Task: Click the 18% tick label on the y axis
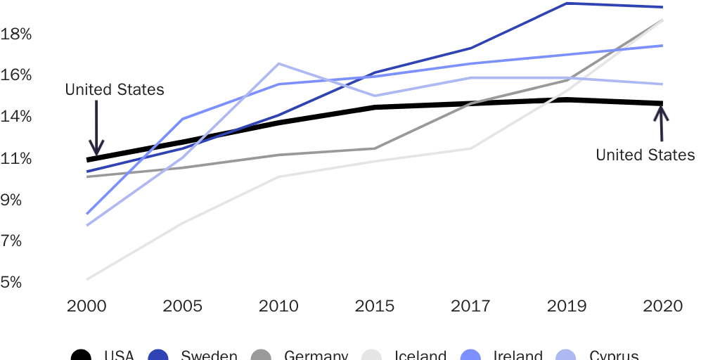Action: [x=16, y=34]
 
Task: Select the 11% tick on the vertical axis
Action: [x=16, y=158]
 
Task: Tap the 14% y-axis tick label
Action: [x=16, y=116]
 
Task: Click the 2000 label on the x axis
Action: [x=86, y=307]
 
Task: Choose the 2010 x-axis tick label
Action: [x=278, y=307]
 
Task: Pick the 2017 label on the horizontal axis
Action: [x=471, y=307]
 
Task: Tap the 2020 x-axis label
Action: [x=663, y=307]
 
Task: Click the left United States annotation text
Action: [x=114, y=90]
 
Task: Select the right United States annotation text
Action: [x=645, y=155]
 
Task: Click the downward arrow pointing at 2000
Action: [x=96, y=127]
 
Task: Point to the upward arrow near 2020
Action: [x=661, y=124]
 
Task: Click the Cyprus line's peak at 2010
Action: [x=279, y=64]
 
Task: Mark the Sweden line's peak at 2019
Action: [x=567, y=4]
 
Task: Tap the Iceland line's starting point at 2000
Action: [x=87, y=279]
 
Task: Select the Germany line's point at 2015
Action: [x=375, y=148]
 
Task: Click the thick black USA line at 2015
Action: [x=375, y=108]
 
